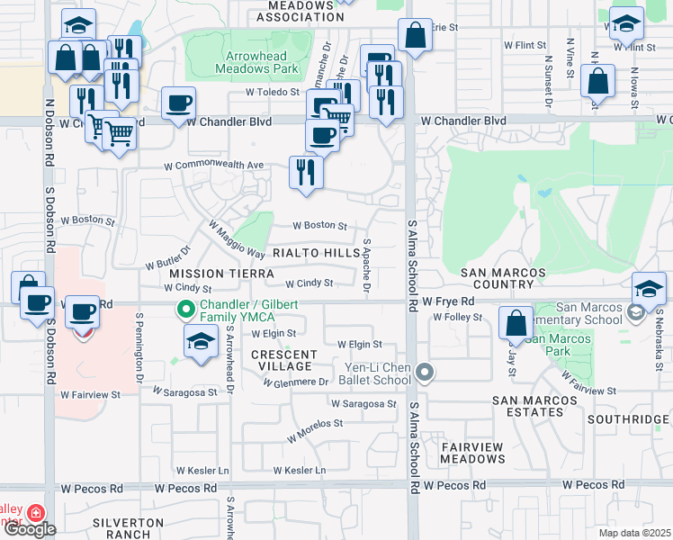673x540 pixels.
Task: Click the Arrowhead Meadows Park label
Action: click(x=256, y=62)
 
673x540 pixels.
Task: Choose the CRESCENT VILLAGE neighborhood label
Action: click(x=282, y=360)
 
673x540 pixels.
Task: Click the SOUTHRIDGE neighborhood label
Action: click(x=628, y=419)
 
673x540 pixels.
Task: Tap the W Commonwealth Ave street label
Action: click(x=213, y=166)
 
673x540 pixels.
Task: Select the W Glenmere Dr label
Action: click(x=296, y=382)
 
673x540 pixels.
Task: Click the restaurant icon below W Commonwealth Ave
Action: click(x=306, y=171)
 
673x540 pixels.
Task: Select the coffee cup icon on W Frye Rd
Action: click(x=83, y=311)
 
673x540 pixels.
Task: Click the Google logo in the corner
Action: click(x=30, y=529)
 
